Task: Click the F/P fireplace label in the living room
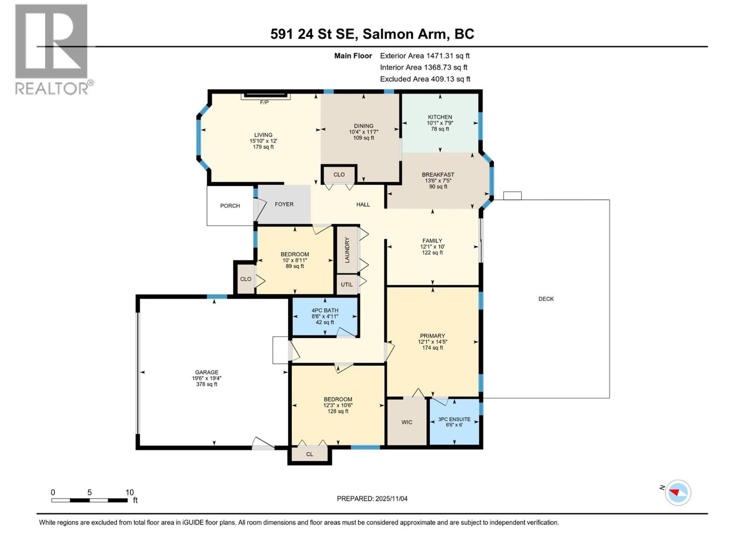(x=264, y=102)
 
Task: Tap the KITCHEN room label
(x=440, y=117)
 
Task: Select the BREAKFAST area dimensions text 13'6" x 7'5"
(x=438, y=181)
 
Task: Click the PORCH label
(x=230, y=205)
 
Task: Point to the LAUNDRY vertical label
(x=347, y=250)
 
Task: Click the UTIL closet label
(x=346, y=285)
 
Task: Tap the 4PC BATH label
(x=325, y=310)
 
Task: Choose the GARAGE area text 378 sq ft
(x=207, y=384)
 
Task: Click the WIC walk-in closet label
(x=407, y=422)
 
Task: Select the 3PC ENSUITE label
(x=454, y=419)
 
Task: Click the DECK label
(x=546, y=299)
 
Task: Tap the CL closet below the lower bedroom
(x=310, y=454)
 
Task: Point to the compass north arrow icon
(x=677, y=492)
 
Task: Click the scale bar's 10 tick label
(x=129, y=492)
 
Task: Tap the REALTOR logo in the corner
(x=52, y=49)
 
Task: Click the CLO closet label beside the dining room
(x=339, y=175)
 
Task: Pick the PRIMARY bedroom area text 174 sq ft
(x=433, y=348)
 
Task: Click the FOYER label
(x=284, y=204)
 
